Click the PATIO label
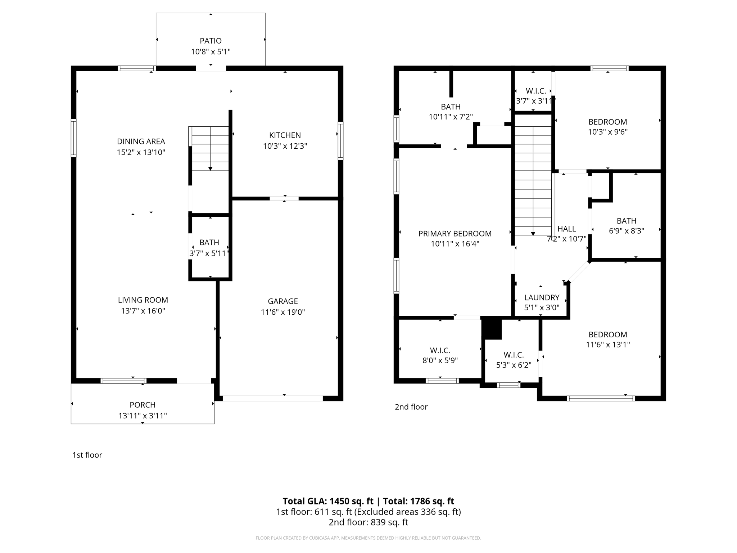coord(211,41)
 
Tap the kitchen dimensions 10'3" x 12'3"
coord(285,146)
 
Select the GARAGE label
coord(282,301)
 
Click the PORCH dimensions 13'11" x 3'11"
coord(143,416)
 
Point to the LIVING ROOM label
coord(143,300)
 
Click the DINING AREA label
coord(141,141)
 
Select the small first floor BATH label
coord(209,242)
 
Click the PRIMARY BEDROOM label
coord(455,234)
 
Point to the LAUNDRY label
coord(542,297)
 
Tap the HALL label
coord(566,229)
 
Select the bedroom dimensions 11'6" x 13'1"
coord(608,345)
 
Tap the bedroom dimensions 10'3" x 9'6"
coord(607,132)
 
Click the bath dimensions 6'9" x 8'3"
coord(626,231)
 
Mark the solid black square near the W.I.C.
coord(492,328)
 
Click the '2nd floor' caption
coord(411,407)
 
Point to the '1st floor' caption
coord(87,455)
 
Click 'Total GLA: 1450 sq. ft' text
coord(328,501)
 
